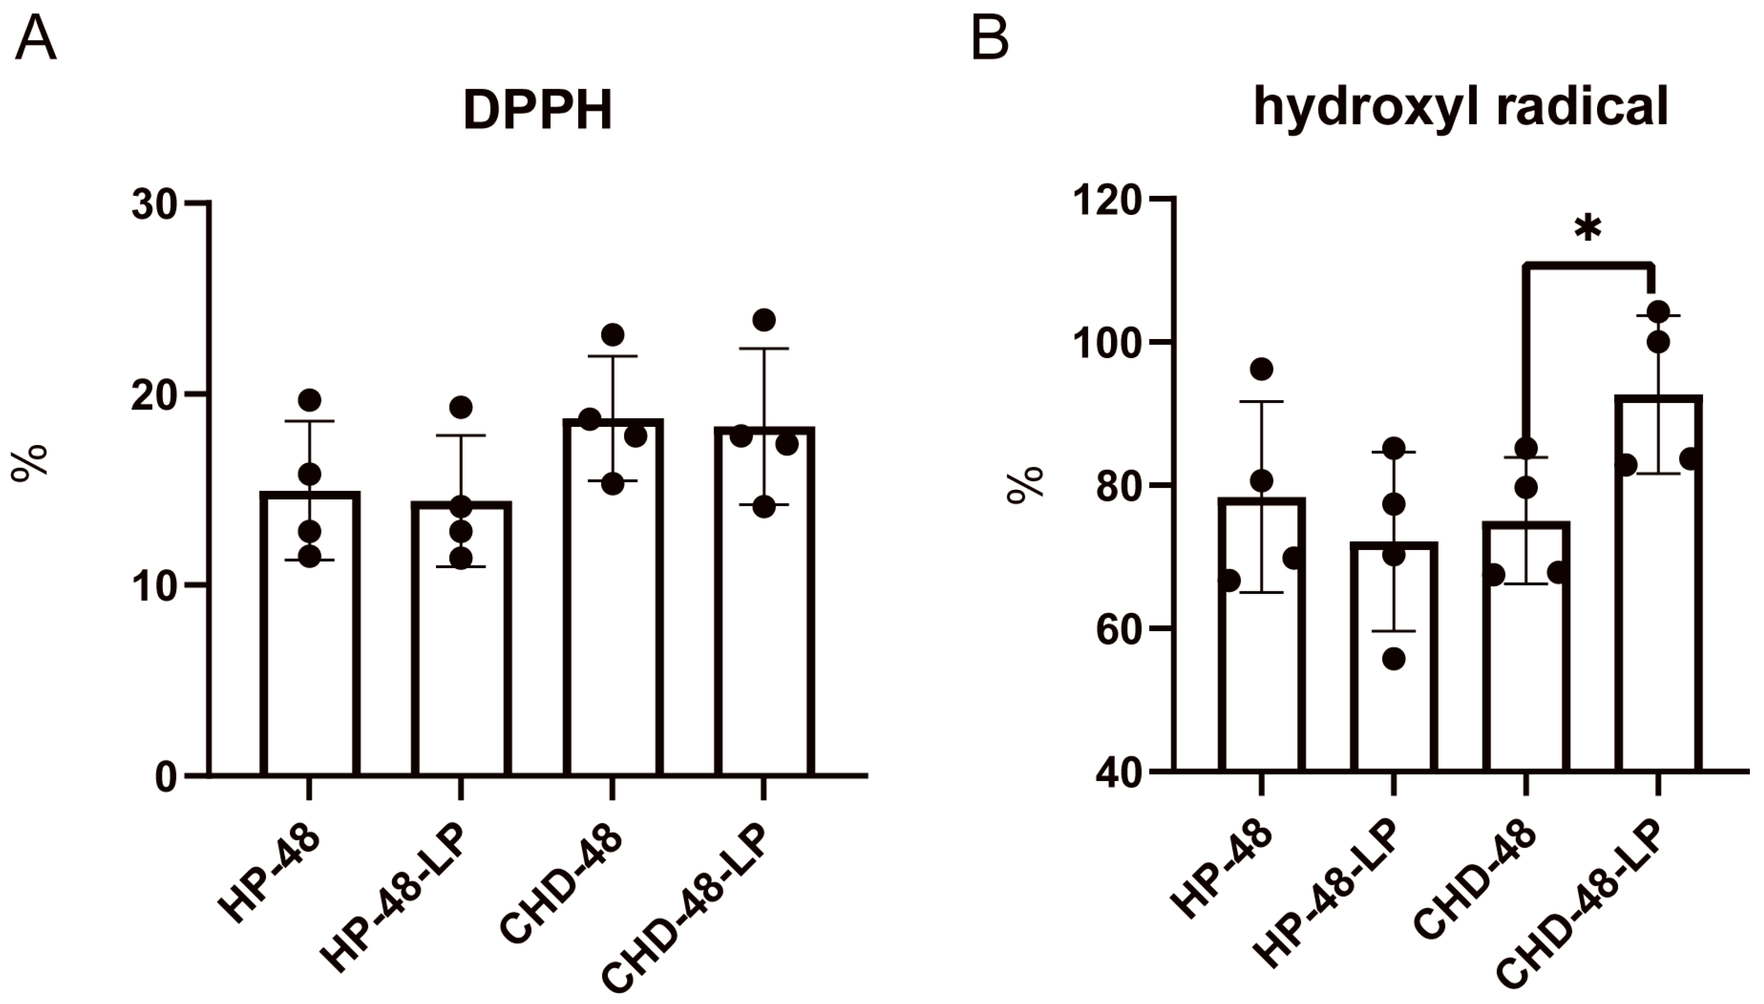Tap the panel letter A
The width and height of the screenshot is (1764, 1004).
(35, 39)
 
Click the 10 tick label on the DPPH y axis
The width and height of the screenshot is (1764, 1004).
(156, 587)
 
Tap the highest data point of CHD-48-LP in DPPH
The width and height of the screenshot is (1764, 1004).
(763, 320)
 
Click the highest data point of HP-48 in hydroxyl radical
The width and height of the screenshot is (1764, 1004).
(1261, 369)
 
